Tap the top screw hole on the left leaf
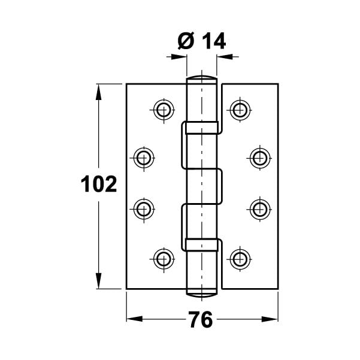[162, 109]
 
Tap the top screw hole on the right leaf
[240, 109]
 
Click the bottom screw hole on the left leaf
[162, 259]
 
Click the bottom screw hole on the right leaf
[240, 259]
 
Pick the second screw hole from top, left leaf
[143, 158]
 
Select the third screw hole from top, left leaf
[143, 209]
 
